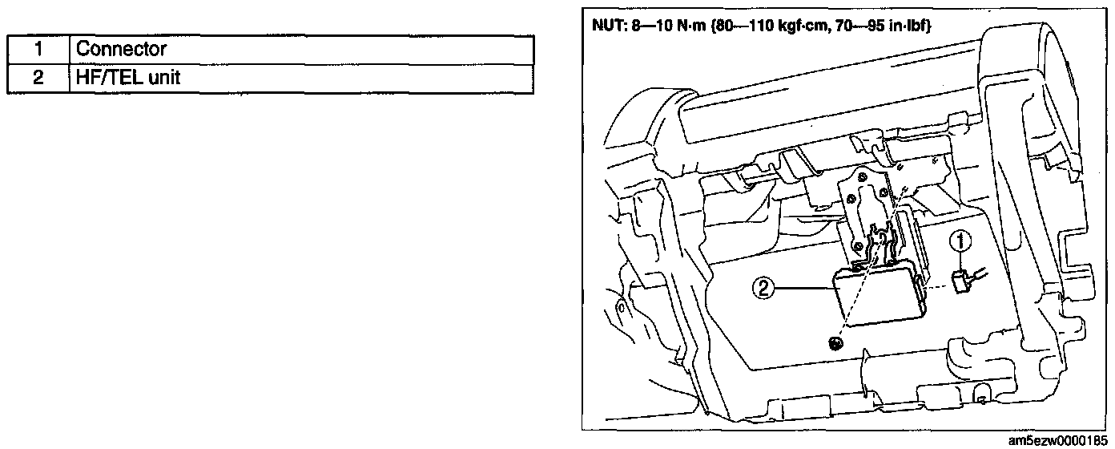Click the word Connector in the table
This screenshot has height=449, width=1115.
click(121, 49)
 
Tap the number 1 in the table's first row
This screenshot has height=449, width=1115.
click(38, 49)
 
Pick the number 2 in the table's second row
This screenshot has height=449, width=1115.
click(38, 79)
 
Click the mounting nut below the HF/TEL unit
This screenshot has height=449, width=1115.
click(836, 344)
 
